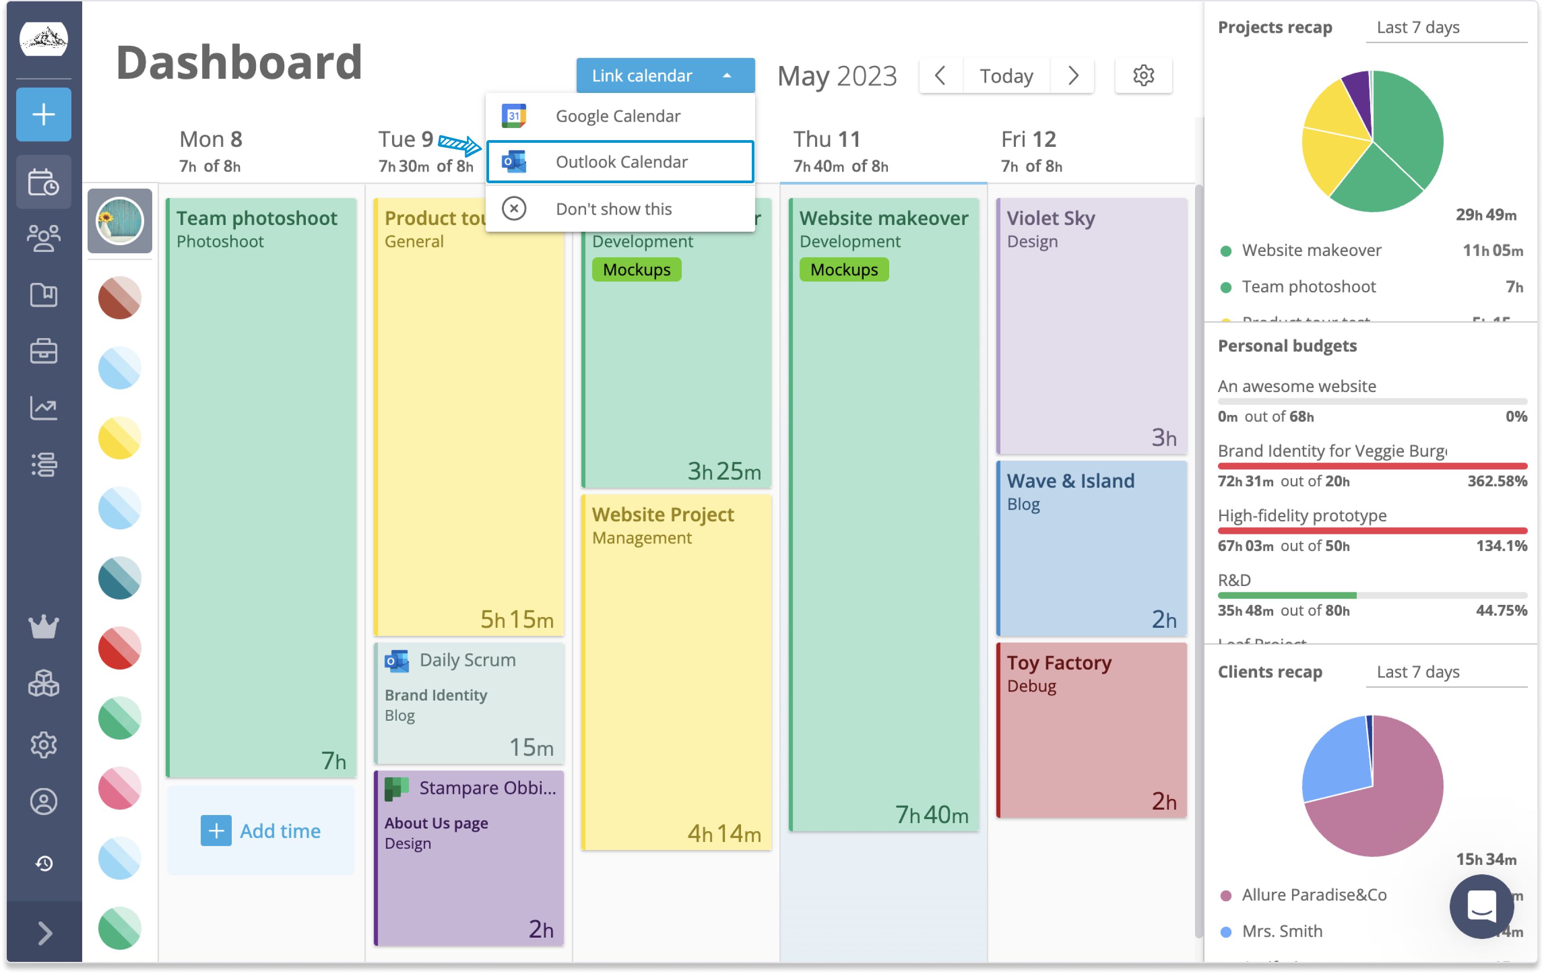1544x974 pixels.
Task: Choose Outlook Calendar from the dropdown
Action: pos(620,162)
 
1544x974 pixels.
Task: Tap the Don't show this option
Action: pos(613,209)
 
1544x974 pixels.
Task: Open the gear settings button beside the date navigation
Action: pos(1143,75)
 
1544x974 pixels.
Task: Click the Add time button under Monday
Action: pos(261,831)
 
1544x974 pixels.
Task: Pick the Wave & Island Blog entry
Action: pos(1091,548)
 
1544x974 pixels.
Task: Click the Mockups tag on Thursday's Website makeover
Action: pos(844,270)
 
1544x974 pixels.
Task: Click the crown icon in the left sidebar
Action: pos(44,626)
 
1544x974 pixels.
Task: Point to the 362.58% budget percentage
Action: pos(1497,481)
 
